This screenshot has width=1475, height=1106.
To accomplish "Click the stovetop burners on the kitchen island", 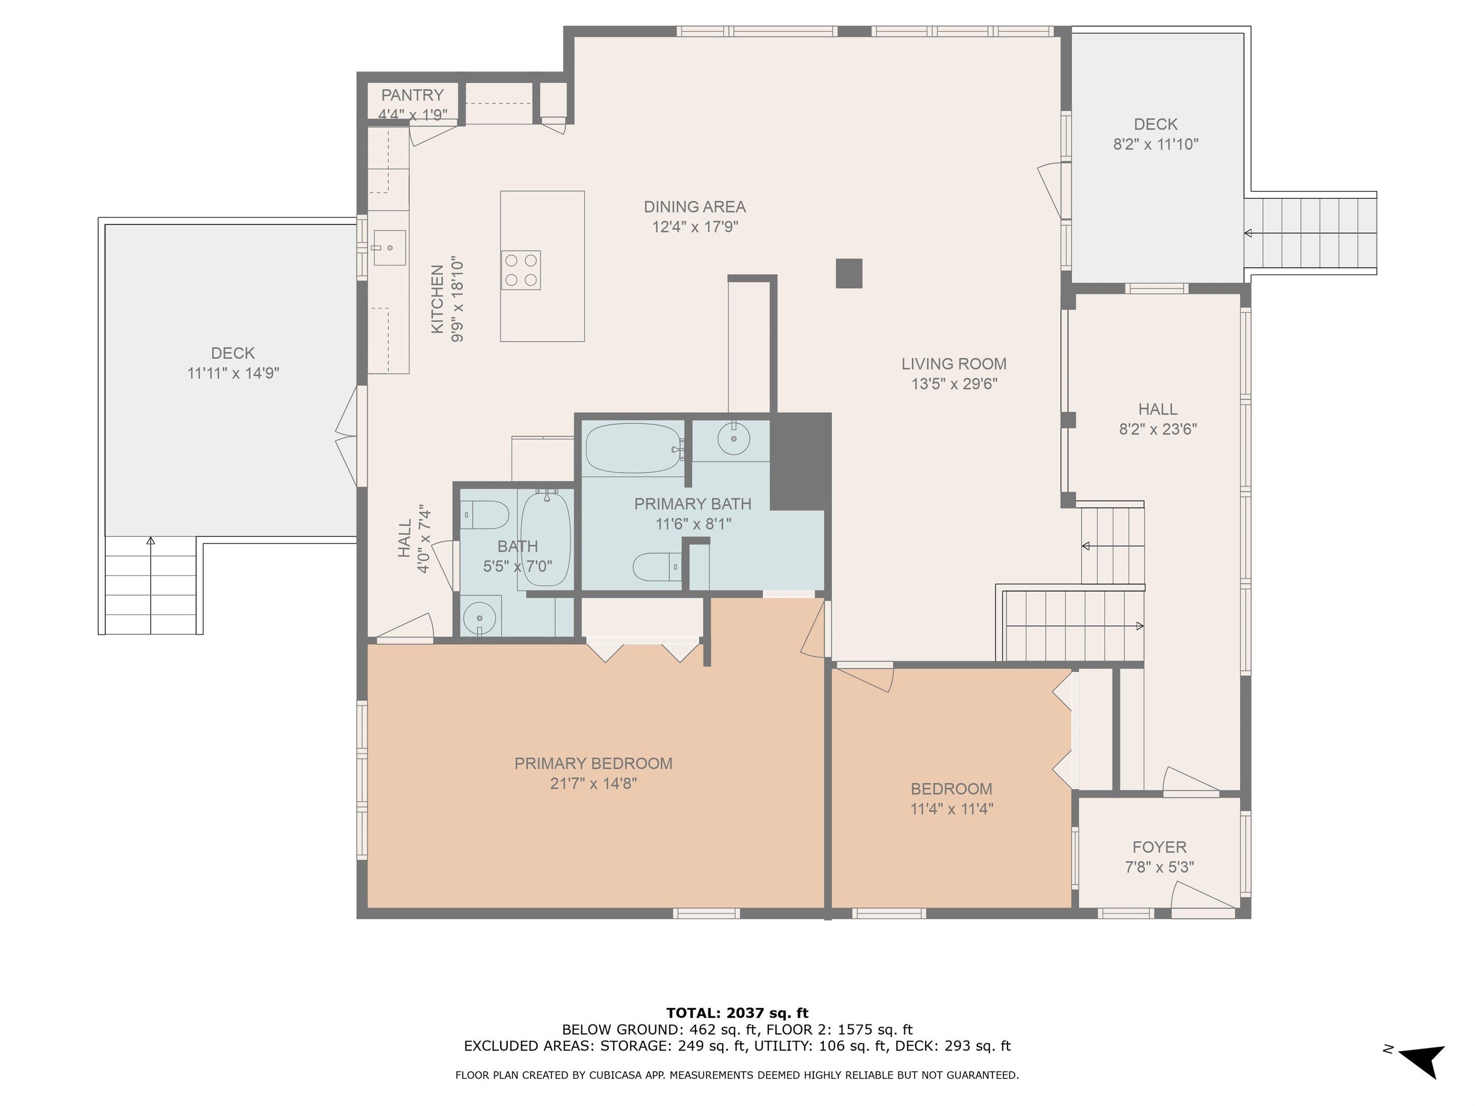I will (x=521, y=270).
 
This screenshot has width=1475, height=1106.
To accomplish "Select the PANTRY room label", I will (x=412, y=96).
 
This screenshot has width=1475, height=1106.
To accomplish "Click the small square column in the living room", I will (x=849, y=273).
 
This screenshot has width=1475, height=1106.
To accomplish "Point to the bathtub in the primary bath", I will (x=632, y=448).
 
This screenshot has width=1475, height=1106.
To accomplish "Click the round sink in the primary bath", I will (x=734, y=439).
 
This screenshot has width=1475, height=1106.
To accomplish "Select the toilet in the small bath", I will (x=485, y=515).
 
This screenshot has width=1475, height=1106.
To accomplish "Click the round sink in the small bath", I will (x=480, y=617).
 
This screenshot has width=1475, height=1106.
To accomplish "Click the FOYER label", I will (x=1159, y=847).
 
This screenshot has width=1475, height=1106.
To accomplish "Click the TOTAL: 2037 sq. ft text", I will (x=737, y=1013).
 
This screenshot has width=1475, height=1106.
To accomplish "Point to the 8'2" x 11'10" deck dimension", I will (x=1156, y=144).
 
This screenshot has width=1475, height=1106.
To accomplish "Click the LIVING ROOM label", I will (x=954, y=364).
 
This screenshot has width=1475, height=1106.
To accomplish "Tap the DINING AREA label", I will (x=694, y=207).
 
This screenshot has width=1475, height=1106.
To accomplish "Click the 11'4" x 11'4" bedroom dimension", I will (x=952, y=809).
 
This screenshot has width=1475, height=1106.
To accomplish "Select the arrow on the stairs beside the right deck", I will (x=1248, y=233).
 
